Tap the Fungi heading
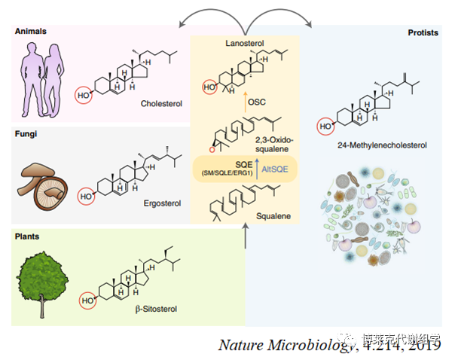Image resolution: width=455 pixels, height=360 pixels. (x=26, y=134)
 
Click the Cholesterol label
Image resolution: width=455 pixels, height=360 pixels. (x=163, y=105)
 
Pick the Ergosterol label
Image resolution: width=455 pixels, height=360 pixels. (x=163, y=203)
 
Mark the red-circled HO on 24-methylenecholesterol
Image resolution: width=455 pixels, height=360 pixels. (x=325, y=126)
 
